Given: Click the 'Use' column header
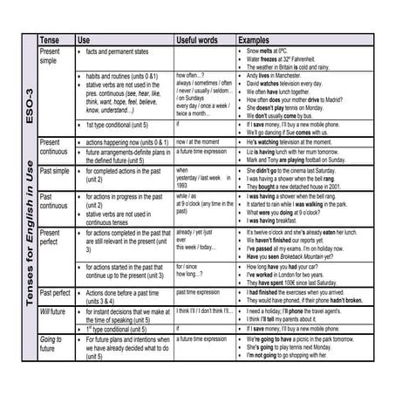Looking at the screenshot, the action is click(84, 40).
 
